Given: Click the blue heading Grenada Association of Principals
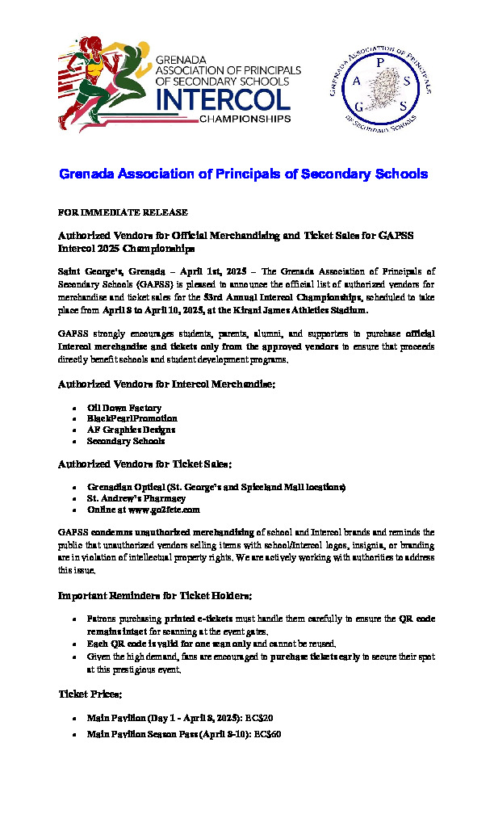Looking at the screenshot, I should tap(243, 174).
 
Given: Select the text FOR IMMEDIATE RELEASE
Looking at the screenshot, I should tap(123, 212).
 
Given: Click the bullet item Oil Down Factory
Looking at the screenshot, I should tap(124, 409).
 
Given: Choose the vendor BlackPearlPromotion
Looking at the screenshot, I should tap(132, 419).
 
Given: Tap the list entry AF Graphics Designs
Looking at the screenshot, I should tap(130, 430).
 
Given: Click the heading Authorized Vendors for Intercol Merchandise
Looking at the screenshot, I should tap(167, 385).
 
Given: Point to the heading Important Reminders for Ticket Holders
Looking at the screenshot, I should tap(155, 596).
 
